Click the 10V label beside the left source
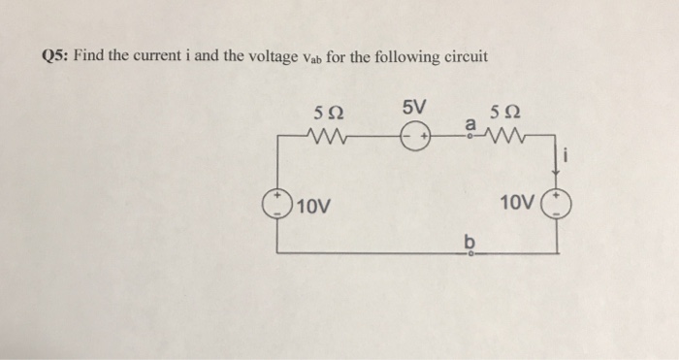coord(316,207)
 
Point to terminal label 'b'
coord(470,239)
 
